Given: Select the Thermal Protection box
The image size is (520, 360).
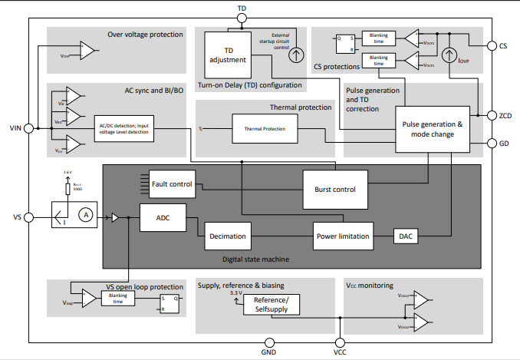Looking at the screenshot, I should coord(265,130).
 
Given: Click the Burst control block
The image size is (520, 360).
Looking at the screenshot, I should coord(334,190).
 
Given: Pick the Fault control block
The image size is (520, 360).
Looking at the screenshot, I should coord(172,184).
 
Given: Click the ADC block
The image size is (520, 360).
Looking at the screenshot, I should coord(163,218).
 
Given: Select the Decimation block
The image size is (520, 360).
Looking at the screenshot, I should coord(228,236).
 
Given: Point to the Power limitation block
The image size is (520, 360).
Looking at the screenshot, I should coord(344,236).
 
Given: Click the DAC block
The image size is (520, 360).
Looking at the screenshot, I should coord(404,236).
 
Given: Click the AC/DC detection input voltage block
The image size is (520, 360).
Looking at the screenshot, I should coord(124,130).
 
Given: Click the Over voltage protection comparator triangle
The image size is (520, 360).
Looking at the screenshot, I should coord(87,52).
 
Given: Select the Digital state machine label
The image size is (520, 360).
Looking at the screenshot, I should coord(255,259).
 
